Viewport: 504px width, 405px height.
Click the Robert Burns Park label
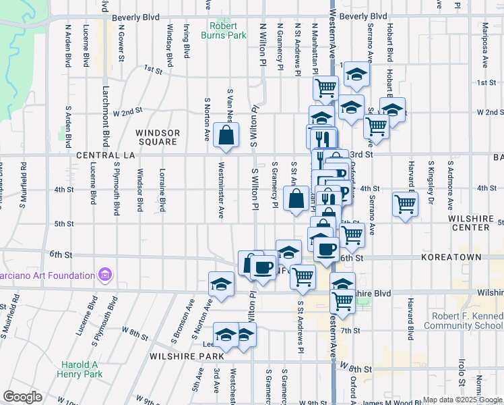[228, 31]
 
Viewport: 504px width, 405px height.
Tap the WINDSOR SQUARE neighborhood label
[157, 137]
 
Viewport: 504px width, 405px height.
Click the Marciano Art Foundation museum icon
[104, 275]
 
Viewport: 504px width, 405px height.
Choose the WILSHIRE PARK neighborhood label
[177, 356]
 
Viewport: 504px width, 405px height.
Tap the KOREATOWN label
[451, 258]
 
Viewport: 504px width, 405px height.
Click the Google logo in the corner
[22, 397]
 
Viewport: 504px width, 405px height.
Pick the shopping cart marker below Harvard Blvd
[405, 203]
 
